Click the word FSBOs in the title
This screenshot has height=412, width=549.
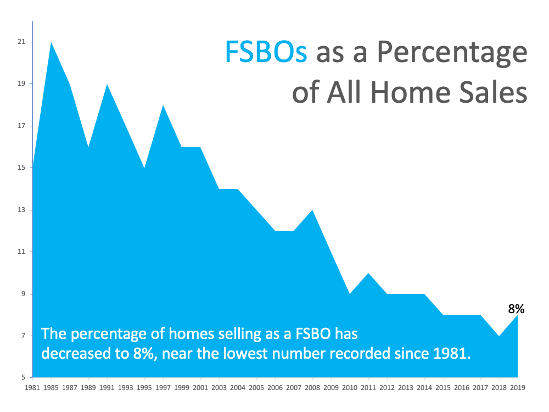point(266,52)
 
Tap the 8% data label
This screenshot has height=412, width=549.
point(516,309)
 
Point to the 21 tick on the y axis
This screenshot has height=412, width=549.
point(22,42)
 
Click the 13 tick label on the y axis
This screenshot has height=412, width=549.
point(22,210)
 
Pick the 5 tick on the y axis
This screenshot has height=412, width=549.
point(24,377)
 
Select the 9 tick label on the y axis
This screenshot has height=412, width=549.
point(24,293)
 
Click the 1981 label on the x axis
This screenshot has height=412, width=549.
point(32,387)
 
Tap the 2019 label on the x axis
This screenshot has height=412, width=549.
point(518,387)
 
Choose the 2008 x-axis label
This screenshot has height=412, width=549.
point(312,387)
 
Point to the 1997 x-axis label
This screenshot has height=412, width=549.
point(163,387)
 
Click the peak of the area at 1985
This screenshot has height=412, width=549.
point(51,42)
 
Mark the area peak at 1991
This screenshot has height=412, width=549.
point(107,85)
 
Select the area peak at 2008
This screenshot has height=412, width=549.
point(312,210)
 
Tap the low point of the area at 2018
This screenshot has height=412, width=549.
point(499,336)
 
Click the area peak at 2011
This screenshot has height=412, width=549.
point(368,273)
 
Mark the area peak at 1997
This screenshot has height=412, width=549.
point(163,105)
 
